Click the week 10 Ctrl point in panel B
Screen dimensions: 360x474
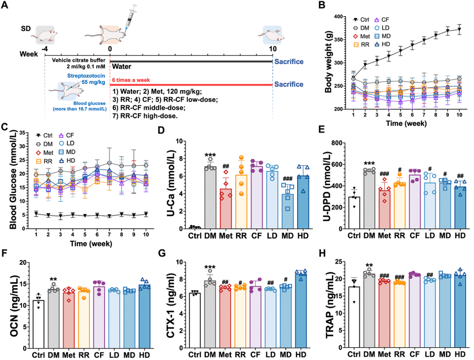click(459, 29)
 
